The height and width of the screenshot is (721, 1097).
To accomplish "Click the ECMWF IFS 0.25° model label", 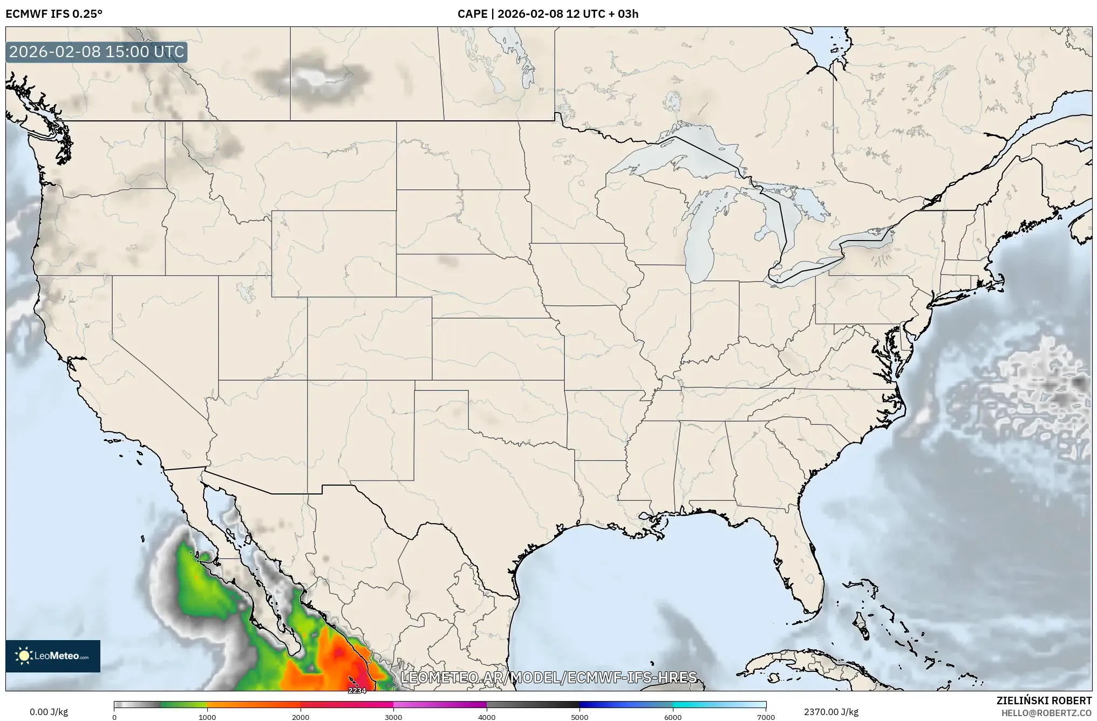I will [54, 13].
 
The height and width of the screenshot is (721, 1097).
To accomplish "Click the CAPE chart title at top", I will [548, 13].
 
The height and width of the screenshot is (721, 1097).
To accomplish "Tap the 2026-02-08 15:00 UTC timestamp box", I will [97, 52].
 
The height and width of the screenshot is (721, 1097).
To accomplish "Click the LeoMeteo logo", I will [53, 656].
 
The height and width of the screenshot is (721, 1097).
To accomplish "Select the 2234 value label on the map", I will [357, 691].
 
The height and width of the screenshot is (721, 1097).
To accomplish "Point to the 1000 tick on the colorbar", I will [207, 717].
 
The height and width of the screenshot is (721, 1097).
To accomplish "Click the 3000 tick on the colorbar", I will [393, 717].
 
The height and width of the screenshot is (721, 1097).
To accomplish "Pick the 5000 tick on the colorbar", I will [580, 717].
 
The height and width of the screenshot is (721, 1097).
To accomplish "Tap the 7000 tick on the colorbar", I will [766, 717].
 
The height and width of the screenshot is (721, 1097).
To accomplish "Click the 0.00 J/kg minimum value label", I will [49, 712].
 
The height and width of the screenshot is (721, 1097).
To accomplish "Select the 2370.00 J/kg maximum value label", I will [831, 712].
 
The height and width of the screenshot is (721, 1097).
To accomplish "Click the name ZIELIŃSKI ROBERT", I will [1044, 701].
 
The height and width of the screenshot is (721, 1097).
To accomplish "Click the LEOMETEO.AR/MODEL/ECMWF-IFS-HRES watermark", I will [549, 677].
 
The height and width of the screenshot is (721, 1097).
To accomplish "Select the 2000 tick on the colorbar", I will [301, 717].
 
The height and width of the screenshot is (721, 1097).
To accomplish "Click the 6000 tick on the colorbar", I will [673, 717].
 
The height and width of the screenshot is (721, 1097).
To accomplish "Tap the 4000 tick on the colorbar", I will [487, 717].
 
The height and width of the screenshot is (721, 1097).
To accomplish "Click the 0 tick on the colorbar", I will [114, 717].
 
